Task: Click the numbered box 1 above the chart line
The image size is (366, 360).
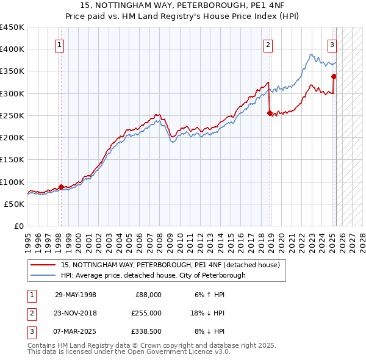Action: (60, 44)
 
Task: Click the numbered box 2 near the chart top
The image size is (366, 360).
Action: (268, 44)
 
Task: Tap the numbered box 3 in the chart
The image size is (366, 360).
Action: (332, 44)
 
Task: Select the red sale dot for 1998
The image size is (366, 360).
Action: (61, 187)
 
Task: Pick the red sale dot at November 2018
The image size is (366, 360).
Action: (270, 113)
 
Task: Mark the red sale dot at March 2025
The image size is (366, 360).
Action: (334, 76)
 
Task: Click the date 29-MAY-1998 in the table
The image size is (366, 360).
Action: (76, 295)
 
